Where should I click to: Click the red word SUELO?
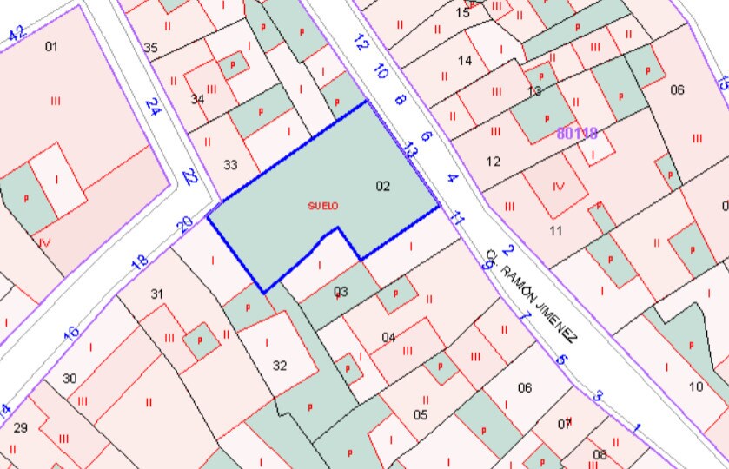coord(322,206)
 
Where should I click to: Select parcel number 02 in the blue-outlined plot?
coord(383,186)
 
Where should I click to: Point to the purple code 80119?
coord(578,134)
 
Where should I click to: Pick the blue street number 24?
coord(154,107)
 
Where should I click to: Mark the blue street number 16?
coord(72,332)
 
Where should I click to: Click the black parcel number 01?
coord(51,46)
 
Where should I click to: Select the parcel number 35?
coord(150,48)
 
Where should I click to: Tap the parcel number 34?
coord(197,99)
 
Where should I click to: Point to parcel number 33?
coord(230,164)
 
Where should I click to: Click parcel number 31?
coord(156,294)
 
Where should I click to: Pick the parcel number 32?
coord(280,366)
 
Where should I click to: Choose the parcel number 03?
coord(341,291)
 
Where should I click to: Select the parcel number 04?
coord(388,337)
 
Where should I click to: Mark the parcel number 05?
coord(421,414)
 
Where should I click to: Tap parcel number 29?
coord(21,427)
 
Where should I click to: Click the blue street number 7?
coord(524,316)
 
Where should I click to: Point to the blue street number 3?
coord(598,396)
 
